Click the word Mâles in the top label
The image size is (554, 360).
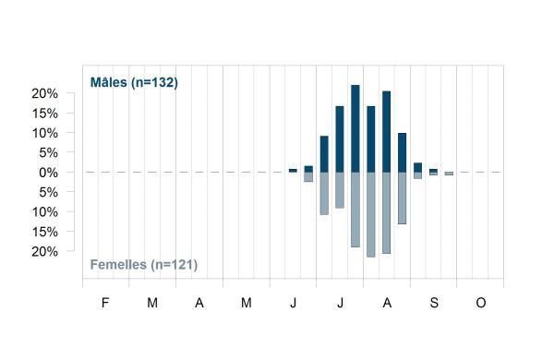point(108,82)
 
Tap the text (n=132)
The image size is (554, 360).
point(154,83)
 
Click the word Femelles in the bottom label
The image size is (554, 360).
point(118,265)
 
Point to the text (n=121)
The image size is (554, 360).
point(174,265)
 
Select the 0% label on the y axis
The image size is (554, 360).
point(48,173)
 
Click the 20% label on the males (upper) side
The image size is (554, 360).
point(45,93)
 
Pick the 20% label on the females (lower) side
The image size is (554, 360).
point(45,252)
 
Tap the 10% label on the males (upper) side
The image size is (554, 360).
point(45,133)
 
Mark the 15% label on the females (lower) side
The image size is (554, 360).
point(45,232)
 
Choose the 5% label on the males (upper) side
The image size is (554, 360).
point(48,153)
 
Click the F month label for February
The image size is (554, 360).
point(105,303)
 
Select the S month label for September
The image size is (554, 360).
point(434,303)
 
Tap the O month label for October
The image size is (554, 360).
point(481,303)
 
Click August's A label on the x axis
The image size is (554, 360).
point(387,303)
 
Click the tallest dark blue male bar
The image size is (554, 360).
point(355,128)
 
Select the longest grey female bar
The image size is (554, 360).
point(371,215)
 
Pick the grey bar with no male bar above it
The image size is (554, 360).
point(449,174)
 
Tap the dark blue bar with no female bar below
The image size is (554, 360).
point(293,171)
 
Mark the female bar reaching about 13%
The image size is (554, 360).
point(402,198)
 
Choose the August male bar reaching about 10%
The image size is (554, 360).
point(402,152)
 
